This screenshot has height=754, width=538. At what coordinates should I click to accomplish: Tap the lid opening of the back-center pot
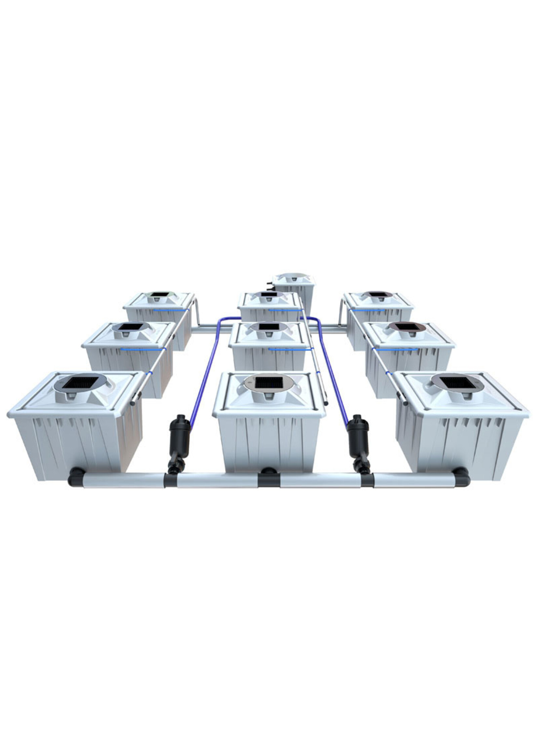pos(269,294)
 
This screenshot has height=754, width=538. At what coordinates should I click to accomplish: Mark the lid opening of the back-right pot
pos(377,294)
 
